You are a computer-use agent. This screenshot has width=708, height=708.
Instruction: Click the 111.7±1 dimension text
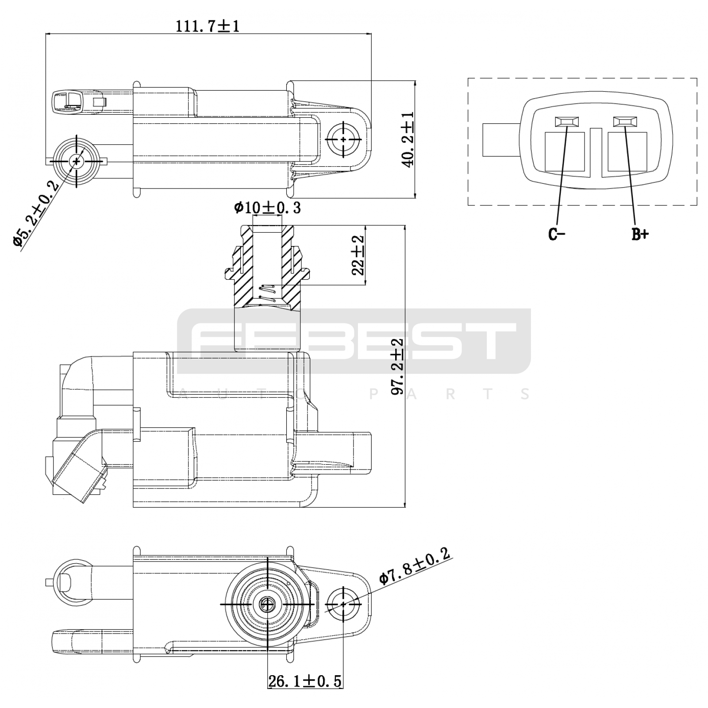(x=208, y=26)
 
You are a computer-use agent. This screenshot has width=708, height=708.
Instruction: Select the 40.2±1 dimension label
(x=408, y=139)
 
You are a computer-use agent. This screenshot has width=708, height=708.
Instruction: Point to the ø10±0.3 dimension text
(x=267, y=208)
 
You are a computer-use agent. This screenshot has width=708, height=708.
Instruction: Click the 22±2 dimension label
(x=358, y=256)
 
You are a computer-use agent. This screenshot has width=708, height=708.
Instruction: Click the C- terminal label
(x=557, y=235)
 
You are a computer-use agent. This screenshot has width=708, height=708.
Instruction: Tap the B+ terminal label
(x=639, y=235)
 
